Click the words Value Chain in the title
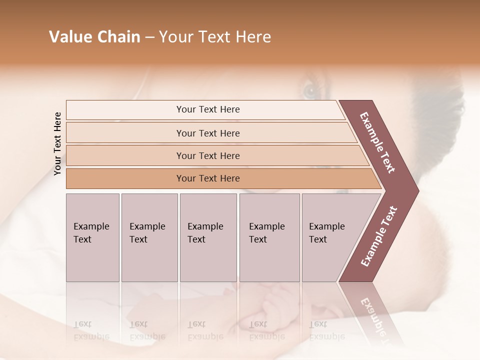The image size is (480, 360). pos(94,37)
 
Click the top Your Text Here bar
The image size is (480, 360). pos(207,109)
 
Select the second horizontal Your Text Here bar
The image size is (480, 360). pos(207,133)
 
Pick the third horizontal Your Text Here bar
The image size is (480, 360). pos(207,155)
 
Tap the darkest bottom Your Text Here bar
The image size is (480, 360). pos(207,178)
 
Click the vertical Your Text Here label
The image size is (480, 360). pos(58,143)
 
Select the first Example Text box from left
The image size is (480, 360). pos(92,237)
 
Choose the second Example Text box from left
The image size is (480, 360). pos(149,237)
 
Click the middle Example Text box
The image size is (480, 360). pos(208,237)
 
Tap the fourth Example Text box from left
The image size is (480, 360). pos(269,237)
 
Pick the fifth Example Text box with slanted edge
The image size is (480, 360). pos(330,237)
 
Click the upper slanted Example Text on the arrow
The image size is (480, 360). pos(377,142)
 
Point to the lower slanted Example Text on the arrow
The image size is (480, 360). pos(379,236)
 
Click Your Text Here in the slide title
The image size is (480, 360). pos(215,37)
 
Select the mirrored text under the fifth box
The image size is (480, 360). pos(327,330)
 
